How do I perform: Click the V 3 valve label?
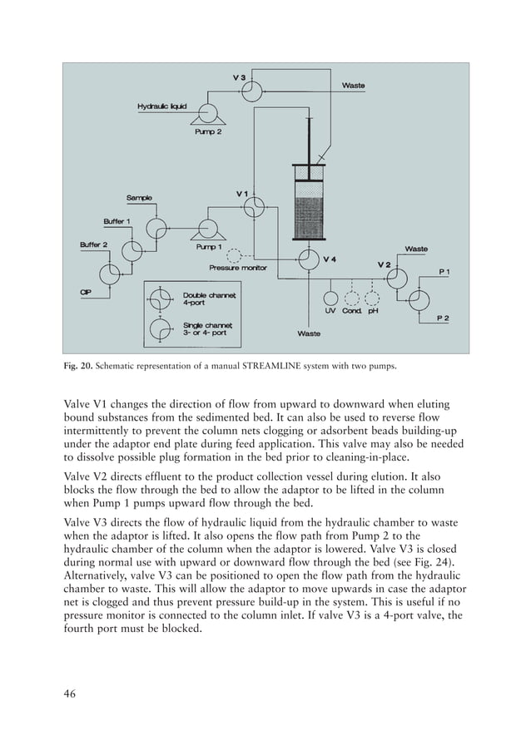coord(239,77)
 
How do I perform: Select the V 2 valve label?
coord(385,264)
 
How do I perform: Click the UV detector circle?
coord(330,297)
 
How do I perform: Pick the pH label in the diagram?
coord(372,311)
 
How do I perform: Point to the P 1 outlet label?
coord(446,272)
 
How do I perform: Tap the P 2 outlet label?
coord(446,318)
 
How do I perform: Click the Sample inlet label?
coord(139,198)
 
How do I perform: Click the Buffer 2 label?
coord(93,244)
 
